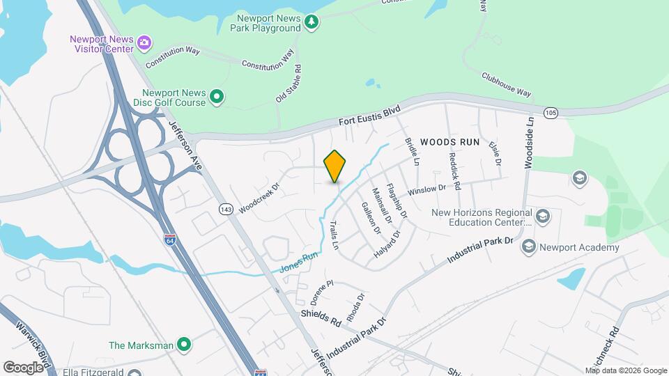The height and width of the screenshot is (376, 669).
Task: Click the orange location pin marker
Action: click(x=335, y=166)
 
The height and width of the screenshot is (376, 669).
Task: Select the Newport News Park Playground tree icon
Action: click(x=312, y=23)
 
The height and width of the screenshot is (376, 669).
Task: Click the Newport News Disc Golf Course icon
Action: click(x=217, y=97)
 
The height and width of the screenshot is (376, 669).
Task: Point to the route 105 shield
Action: click(x=551, y=112)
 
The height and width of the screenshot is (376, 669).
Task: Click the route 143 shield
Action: click(x=225, y=209)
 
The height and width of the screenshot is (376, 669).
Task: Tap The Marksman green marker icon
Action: click(x=184, y=344)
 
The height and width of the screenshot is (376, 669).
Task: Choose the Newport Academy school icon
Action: click(x=530, y=246)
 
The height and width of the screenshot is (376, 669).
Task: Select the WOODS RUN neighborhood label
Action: click(x=450, y=142)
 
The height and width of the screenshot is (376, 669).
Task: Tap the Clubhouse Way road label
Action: click(x=506, y=83)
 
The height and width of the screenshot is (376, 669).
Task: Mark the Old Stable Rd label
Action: click(x=288, y=84)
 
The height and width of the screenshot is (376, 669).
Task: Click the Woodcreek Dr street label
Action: click(x=259, y=199)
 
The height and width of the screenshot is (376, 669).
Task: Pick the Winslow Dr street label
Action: click(x=426, y=189)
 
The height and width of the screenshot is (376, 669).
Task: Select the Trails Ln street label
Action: click(x=334, y=235)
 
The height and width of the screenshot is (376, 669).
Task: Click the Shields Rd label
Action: click(x=321, y=318)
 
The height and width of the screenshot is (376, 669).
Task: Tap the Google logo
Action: click(x=24, y=367)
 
